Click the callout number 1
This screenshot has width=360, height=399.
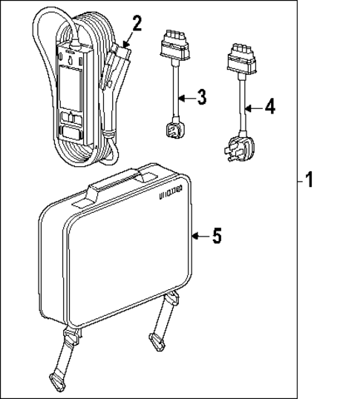(310, 180)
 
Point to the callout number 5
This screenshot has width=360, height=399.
(215, 236)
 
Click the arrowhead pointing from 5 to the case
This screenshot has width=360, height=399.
(195, 236)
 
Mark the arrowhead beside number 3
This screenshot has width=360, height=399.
(180, 97)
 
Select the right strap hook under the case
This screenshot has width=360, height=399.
(158, 337)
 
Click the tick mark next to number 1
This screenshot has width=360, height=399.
(300, 180)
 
